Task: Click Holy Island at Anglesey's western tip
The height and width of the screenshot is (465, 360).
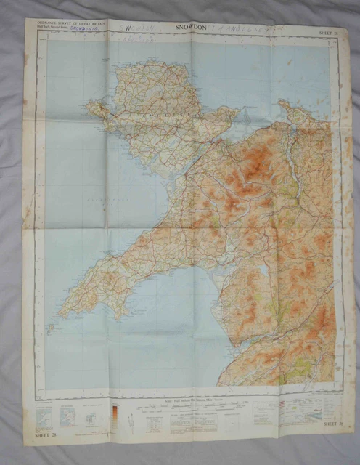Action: pos(94,109)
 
